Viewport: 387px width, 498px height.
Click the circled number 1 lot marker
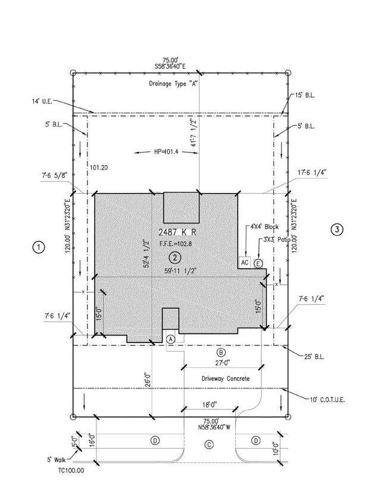pos(39,247)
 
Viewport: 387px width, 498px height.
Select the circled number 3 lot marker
pos(337,229)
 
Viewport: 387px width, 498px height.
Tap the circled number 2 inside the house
pos(175,258)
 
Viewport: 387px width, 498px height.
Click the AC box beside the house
pos(245,263)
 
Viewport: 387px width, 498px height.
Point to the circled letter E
pos(258,264)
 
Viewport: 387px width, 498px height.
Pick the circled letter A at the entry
pos(171,339)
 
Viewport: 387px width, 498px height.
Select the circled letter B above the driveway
pos(221,352)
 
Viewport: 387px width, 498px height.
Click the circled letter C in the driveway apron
pos(209,444)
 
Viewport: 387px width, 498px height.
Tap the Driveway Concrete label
pos(226,379)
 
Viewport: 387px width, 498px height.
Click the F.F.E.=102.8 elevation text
pos(176,244)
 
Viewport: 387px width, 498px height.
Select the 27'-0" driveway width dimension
pos(223,363)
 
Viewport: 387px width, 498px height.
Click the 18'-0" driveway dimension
pos(210,404)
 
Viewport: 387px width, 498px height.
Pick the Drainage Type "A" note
pos(173,83)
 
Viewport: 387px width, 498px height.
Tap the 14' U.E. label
pos(42,101)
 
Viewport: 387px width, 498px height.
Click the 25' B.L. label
pos(314,357)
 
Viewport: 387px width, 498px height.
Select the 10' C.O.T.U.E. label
pos(327,400)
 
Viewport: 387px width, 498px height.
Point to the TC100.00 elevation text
pos(71,471)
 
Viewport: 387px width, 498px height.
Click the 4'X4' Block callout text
pos(264,227)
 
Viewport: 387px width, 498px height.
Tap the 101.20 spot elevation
pos(99,167)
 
